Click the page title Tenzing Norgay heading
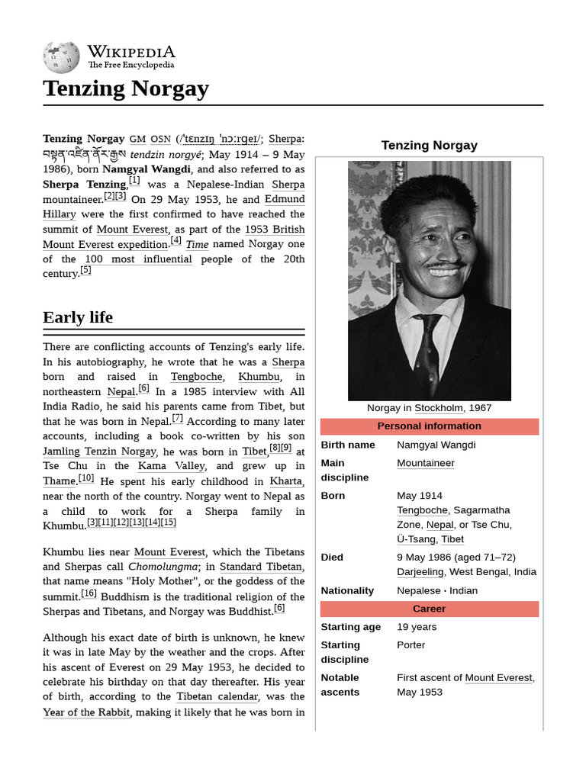pyautogui.click(x=126, y=88)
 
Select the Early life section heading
pyautogui.click(x=78, y=317)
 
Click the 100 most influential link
pyautogui.click(x=138, y=259)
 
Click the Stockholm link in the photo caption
pyautogui.click(x=439, y=408)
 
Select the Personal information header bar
pyautogui.click(x=429, y=426)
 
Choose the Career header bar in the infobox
pyautogui.click(x=429, y=609)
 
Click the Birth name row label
pyautogui.click(x=348, y=445)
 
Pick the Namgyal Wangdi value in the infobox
pyautogui.click(x=436, y=445)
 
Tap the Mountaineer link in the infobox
pyautogui.click(x=425, y=463)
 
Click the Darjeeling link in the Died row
pyautogui.click(x=421, y=572)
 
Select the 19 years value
pyautogui.click(x=417, y=627)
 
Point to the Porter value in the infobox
pyautogui.click(x=411, y=645)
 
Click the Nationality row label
pyautogui.click(x=347, y=590)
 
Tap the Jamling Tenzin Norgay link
pyautogui.click(x=99, y=452)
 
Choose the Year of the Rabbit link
pyautogui.click(x=86, y=712)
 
